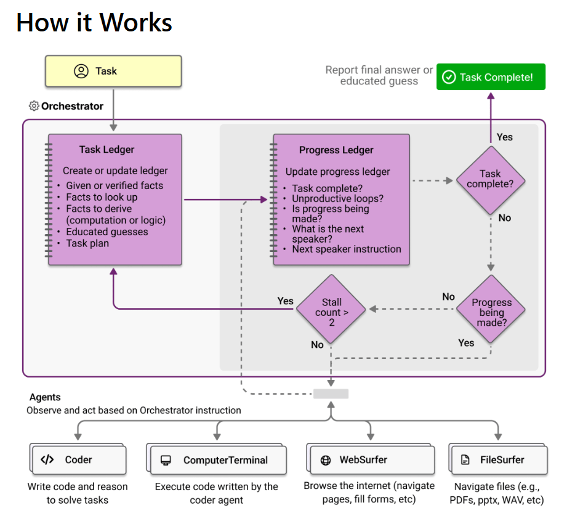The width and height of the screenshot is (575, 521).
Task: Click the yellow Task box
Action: tap(113, 71)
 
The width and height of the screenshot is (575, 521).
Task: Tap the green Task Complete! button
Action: tap(491, 77)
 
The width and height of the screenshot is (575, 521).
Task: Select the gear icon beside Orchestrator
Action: tap(34, 106)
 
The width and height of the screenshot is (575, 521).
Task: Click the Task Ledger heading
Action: tap(107, 149)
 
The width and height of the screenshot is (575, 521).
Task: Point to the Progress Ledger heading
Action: tap(336, 150)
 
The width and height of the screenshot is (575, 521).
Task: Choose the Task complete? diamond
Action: tap(491, 180)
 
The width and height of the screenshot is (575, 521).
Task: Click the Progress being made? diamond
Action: tap(491, 310)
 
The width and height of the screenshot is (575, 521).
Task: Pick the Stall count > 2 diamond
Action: tap(331, 309)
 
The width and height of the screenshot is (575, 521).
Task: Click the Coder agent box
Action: tap(78, 459)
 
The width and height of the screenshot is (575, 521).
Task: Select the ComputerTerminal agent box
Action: tap(217, 459)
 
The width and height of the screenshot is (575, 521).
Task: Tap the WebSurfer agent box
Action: tap(371, 459)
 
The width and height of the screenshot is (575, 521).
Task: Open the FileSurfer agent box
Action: tap(499, 459)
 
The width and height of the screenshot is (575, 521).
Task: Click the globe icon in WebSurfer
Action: tap(326, 460)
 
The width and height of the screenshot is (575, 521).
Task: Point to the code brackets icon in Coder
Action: tap(47, 460)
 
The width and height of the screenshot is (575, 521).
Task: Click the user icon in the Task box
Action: tap(81, 71)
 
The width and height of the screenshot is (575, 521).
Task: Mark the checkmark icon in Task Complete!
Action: tap(449, 77)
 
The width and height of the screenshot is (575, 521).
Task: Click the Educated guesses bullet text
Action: tap(107, 232)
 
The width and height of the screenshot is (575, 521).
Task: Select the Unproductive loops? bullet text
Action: tap(338, 198)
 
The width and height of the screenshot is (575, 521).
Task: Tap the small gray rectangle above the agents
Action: tap(331, 394)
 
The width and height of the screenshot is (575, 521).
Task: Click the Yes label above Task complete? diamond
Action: tap(505, 137)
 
